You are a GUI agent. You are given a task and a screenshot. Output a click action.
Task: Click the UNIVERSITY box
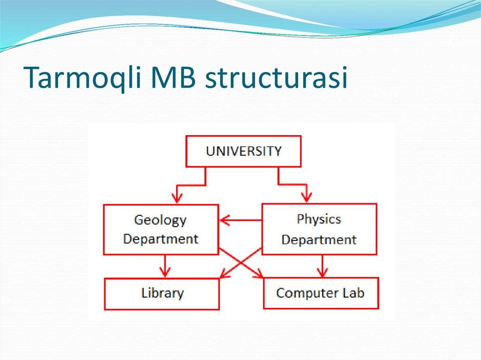(x=243, y=151)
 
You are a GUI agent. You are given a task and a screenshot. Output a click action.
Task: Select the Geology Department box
(x=161, y=230)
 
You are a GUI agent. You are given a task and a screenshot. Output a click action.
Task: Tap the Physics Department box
(x=319, y=229)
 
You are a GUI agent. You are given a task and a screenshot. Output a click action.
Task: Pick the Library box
(x=162, y=293)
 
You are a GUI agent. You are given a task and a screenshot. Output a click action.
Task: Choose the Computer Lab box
(x=321, y=293)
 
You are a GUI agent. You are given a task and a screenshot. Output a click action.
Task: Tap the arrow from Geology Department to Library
(x=164, y=266)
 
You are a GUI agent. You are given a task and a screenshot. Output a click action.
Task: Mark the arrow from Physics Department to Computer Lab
(x=322, y=266)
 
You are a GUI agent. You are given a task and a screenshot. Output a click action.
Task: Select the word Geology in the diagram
(x=160, y=220)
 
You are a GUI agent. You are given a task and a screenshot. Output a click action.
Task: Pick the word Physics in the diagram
(x=319, y=219)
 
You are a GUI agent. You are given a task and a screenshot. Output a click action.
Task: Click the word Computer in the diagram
(x=308, y=293)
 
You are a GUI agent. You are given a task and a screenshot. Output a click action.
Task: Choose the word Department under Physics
(x=319, y=239)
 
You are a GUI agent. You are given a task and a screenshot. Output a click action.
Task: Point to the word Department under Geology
(x=161, y=238)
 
